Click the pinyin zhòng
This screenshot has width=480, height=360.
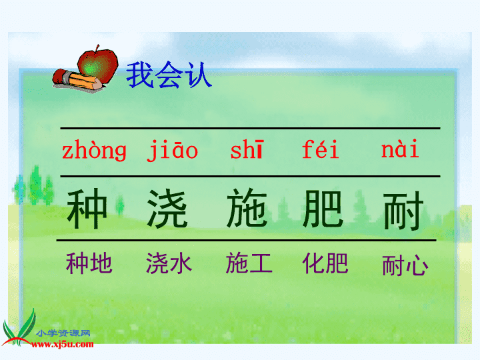click(x=94, y=151)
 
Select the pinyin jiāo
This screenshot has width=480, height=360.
click(x=173, y=150)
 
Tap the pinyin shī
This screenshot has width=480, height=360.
click(x=247, y=150)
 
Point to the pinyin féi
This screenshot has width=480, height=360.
click(x=321, y=149)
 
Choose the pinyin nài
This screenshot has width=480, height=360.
click(x=400, y=149)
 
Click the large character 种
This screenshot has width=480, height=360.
click(x=87, y=208)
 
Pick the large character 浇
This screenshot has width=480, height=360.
click(x=167, y=208)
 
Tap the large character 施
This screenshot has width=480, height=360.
click(x=247, y=207)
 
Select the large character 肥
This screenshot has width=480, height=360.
click(x=323, y=208)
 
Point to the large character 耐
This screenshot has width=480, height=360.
click(x=404, y=211)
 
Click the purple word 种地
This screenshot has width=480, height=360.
click(x=89, y=263)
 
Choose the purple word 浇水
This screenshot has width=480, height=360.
click(x=169, y=263)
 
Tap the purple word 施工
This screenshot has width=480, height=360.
click(x=249, y=263)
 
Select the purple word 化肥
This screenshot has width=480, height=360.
click(x=325, y=263)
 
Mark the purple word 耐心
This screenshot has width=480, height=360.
click(x=405, y=265)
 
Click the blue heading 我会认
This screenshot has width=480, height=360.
click(x=169, y=75)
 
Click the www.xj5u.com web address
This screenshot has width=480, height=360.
click(x=63, y=345)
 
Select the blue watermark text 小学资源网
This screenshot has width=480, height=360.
click(x=63, y=333)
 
